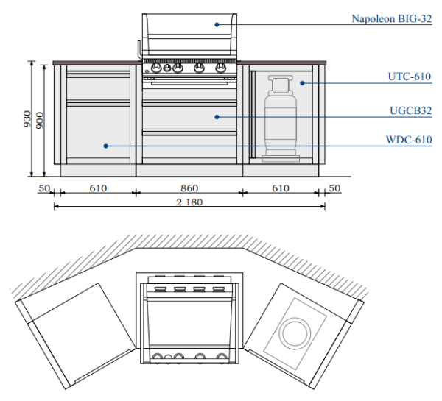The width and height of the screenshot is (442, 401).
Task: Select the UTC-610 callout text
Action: coord(409,76)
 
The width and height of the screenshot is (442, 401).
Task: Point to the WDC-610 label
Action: coord(409,139)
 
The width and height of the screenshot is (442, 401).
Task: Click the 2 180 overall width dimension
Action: coord(189,202)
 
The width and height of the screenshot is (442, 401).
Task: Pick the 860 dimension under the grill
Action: coord(189,188)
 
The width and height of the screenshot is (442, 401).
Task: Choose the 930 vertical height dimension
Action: coord(27,118)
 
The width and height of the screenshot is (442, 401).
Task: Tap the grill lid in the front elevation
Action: coord(189,33)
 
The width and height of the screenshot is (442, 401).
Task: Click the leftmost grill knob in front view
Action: coord(155,69)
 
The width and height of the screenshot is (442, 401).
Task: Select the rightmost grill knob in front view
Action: coord(222,69)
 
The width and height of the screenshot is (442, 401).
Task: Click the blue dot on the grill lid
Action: coord(217,24)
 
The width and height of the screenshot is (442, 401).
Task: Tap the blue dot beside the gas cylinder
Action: coord(301,83)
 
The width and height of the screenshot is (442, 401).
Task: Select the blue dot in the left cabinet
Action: coord(106,146)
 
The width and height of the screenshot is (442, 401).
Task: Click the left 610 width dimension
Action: coord(98,188)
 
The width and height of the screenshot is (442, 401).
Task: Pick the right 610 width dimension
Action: coord(281,188)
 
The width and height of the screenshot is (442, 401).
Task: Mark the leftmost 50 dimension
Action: coord(43,188)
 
